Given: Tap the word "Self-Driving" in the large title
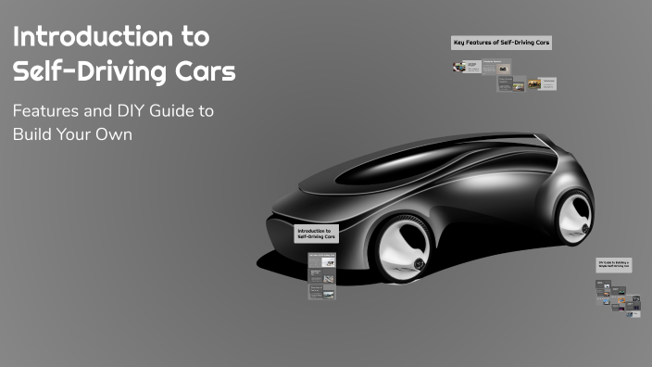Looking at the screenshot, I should point(88,72).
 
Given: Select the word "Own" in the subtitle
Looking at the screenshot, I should point(116,134).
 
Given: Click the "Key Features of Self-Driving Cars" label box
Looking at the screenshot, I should point(501,44).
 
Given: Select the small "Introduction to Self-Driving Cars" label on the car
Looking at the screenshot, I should point(317,234).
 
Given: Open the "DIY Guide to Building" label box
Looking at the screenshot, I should point(614,264).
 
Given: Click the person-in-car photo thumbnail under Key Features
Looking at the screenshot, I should point(460,68).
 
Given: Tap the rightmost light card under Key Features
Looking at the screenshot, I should point(548,82).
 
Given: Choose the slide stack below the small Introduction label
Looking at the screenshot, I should point(320,275).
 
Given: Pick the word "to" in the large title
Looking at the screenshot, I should point(193,38).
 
